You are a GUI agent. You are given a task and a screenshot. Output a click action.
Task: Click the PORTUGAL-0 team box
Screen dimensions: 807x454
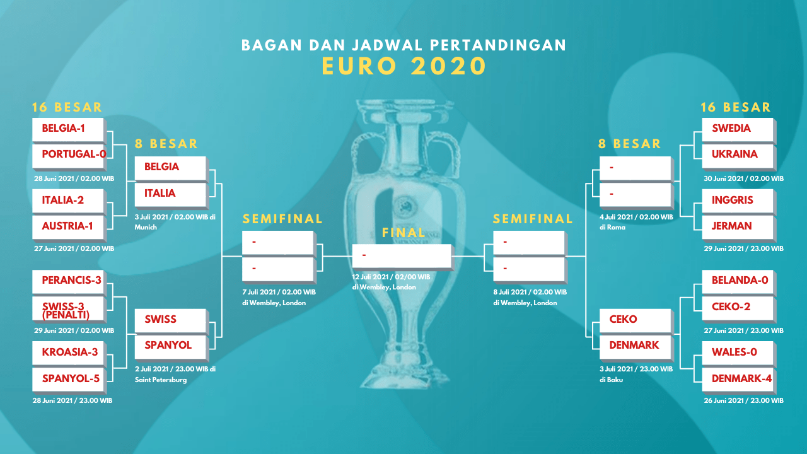[x=69, y=156]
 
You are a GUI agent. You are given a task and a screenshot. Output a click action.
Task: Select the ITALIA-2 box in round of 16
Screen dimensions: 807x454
[x=69, y=201]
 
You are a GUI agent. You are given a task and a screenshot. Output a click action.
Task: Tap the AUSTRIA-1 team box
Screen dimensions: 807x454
[x=69, y=228]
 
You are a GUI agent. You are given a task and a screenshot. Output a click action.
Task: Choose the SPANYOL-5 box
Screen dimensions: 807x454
[x=69, y=380]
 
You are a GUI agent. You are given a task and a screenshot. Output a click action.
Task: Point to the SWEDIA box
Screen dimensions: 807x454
[x=738, y=130]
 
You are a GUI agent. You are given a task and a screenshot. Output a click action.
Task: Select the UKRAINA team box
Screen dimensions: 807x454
[x=738, y=156]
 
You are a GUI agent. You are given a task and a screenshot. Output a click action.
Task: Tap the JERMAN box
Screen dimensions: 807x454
[x=738, y=228]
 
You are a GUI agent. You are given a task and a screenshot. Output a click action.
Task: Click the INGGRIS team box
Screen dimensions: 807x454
[x=738, y=201]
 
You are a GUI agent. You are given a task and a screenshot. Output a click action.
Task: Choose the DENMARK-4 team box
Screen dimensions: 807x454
[x=738, y=380]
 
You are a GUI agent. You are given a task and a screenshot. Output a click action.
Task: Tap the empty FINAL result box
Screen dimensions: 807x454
[x=402, y=257]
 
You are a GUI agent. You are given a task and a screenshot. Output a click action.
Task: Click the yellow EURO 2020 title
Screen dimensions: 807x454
[x=404, y=66]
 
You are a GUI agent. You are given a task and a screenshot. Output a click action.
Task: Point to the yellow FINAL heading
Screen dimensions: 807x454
[x=404, y=233]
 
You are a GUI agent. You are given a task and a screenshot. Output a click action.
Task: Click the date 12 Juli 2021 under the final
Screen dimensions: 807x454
[x=374, y=277]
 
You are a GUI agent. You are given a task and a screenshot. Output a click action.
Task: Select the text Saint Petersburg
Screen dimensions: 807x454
[x=161, y=380]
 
